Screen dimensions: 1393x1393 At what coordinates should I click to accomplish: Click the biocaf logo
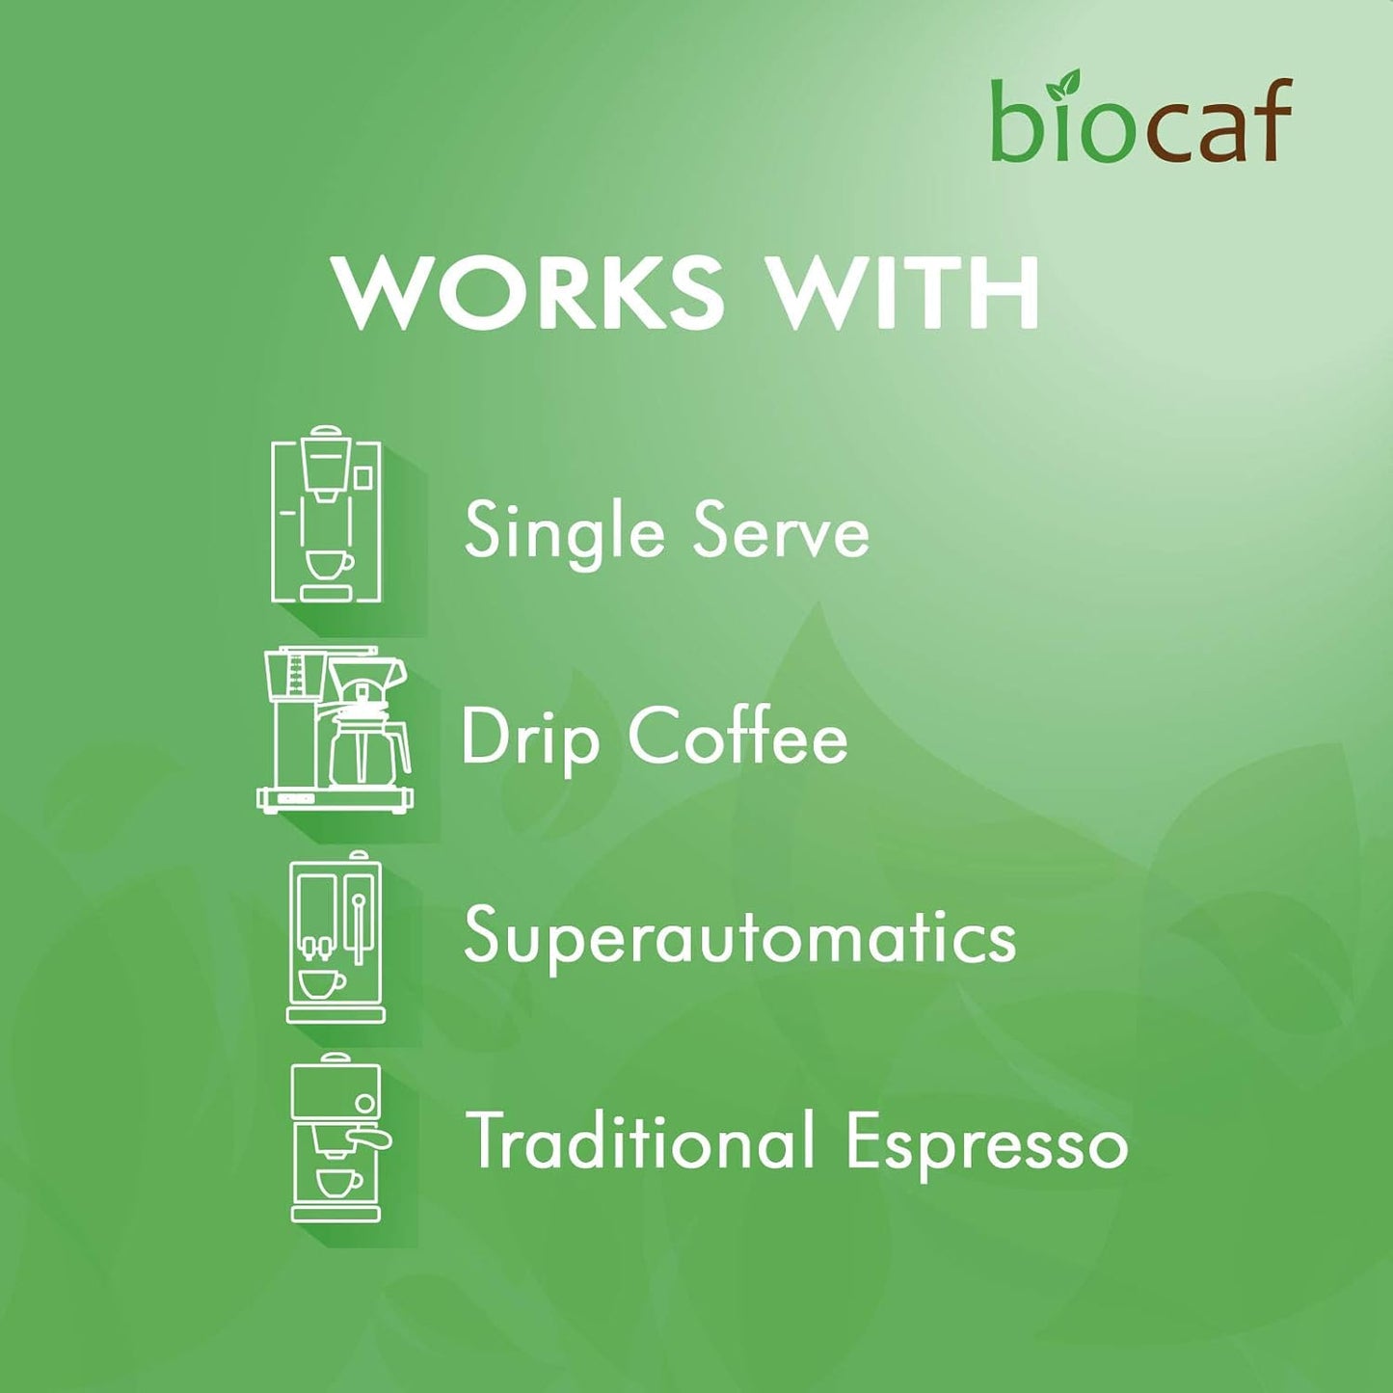1141,121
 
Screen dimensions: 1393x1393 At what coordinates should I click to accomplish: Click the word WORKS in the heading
527,291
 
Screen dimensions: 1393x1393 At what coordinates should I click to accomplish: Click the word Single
564,531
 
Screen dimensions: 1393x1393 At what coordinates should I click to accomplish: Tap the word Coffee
738,737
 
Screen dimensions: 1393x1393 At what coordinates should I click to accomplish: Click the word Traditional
640,1141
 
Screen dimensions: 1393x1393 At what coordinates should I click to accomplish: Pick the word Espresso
986,1143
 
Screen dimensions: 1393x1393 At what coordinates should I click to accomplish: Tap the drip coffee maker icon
335,730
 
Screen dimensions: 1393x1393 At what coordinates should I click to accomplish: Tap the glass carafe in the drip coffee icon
368,748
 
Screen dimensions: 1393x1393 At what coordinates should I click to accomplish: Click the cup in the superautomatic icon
321,983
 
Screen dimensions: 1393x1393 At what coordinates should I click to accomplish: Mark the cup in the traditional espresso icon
338,1182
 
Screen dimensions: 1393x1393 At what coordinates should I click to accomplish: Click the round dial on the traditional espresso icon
365,1103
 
